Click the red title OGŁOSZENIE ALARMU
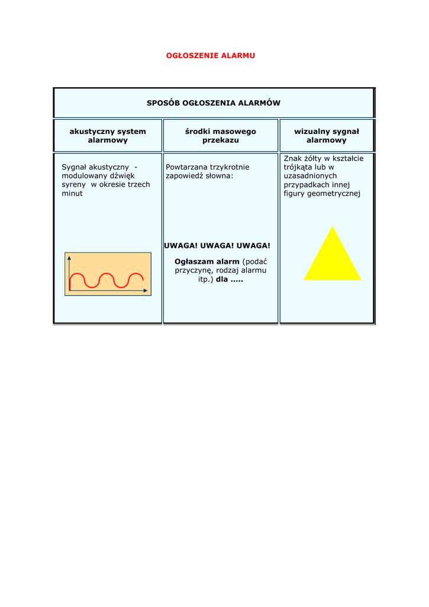[x=210, y=56]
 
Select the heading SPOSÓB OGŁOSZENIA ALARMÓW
[x=214, y=103]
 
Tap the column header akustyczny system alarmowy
[x=108, y=136]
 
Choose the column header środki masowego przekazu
[x=220, y=136]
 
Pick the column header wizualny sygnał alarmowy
[x=326, y=136]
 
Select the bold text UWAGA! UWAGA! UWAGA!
[x=217, y=245]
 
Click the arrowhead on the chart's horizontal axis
[x=146, y=290]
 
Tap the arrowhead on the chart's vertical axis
[x=69, y=258]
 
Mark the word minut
[x=72, y=193]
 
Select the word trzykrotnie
[x=230, y=167]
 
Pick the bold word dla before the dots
[x=221, y=279]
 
